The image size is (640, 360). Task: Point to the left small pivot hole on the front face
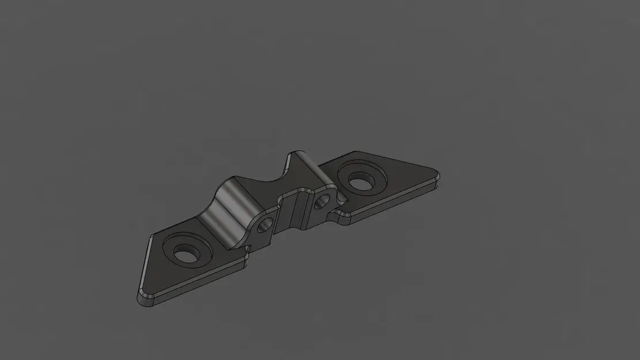click(266, 226)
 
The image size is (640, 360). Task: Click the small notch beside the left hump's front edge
click(247, 250)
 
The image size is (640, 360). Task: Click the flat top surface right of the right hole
click(403, 175)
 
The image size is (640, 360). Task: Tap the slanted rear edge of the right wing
click(397, 159)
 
